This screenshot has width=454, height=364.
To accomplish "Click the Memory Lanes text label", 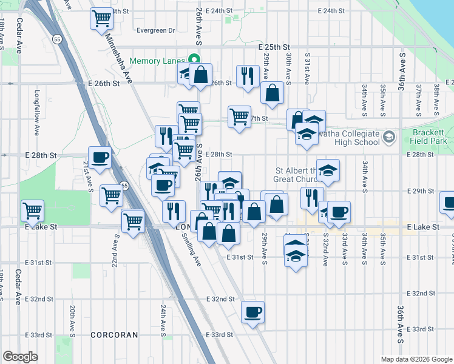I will point(159,60).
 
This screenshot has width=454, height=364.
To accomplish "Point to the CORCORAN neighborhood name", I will point(114,334).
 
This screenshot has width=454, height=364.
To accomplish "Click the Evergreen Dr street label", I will point(155,30).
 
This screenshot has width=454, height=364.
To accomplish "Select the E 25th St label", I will point(274,47).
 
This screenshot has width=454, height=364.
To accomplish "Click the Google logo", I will point(20,357).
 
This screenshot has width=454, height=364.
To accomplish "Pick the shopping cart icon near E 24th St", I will point(102,18).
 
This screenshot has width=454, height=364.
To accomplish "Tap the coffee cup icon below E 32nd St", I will point(252,312).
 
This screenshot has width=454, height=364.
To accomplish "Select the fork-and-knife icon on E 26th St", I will point(247,76).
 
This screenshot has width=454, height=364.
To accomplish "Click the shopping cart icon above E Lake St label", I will point(33,211).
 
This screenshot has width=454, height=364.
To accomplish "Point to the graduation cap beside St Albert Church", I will point(328,170).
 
